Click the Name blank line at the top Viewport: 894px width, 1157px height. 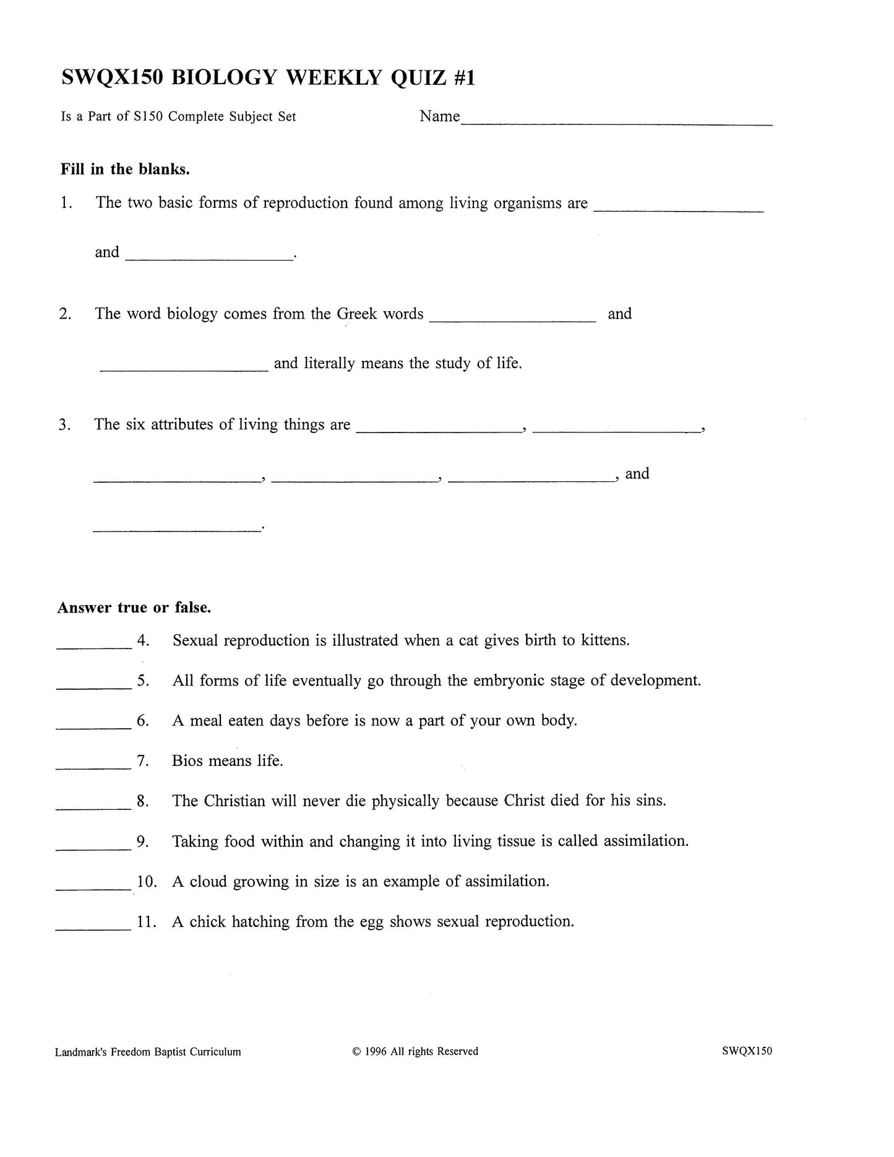point(616,123)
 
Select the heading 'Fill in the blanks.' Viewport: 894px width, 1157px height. point(125,169)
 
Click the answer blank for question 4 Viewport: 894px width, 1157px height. point(94,645)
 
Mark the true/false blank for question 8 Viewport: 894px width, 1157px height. point(93,806)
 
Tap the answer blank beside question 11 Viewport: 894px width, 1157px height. point(93,927)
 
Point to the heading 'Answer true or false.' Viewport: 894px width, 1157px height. point(134,608)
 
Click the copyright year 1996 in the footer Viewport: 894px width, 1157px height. point(376,1051)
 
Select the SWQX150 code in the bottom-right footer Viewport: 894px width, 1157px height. point(747,1051)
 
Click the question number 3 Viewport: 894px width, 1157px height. point(65,425)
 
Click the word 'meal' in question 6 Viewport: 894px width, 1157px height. point(205,720)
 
